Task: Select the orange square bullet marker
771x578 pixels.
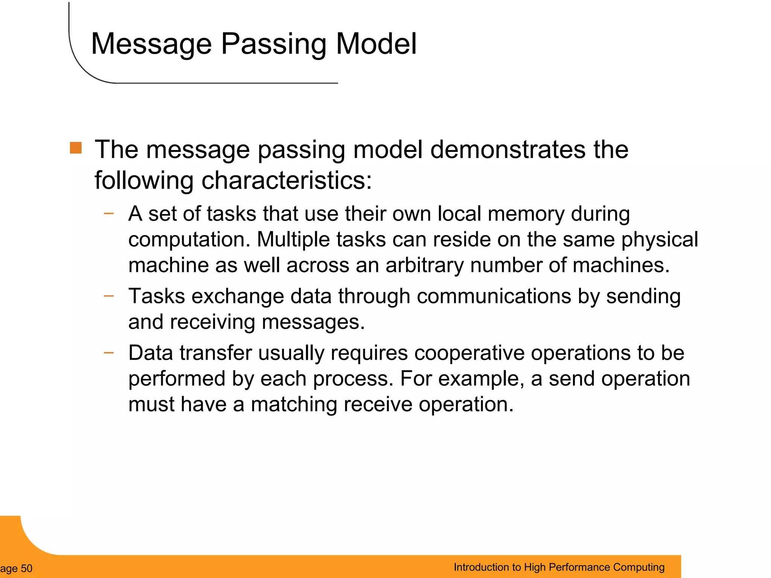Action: (x=76, y=148)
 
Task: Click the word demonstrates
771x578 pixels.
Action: (x=508, y=150)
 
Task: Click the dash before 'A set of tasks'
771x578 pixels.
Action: (x=109, y=213)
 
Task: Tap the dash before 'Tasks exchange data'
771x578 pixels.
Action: (x=109, y=296)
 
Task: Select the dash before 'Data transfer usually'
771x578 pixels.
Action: (x=109, y=353)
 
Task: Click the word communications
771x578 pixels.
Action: (x=494, y=296)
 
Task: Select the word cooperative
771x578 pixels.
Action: (x=469, y=353)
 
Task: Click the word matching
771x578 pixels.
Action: (x=294, y=405)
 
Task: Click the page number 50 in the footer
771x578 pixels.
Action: (x=26, y=568)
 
